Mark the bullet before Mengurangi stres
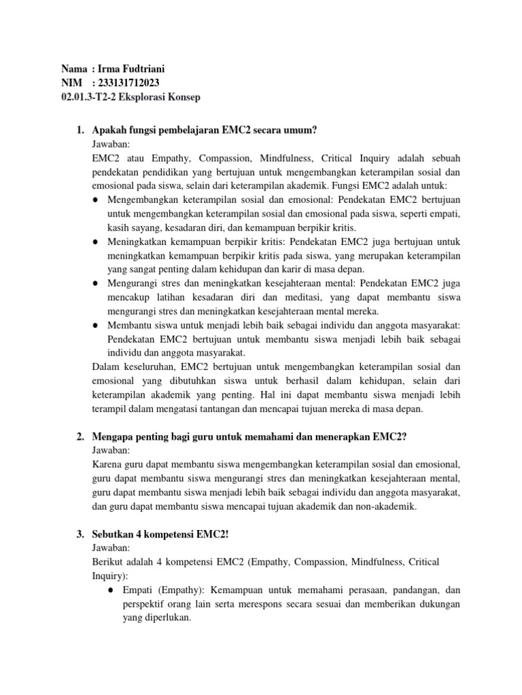96,282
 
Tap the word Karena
106,464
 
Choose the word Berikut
108,562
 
